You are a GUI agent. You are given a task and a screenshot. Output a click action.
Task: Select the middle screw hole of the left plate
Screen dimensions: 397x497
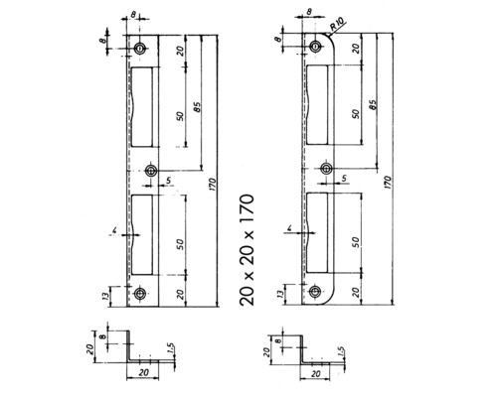(150, 170)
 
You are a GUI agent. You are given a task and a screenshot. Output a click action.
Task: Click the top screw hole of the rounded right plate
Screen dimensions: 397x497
(316, 47)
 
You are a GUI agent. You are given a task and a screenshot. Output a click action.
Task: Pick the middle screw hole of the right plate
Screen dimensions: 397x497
(324, 169)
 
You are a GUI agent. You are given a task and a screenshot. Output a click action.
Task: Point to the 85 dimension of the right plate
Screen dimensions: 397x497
(372, 104)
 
